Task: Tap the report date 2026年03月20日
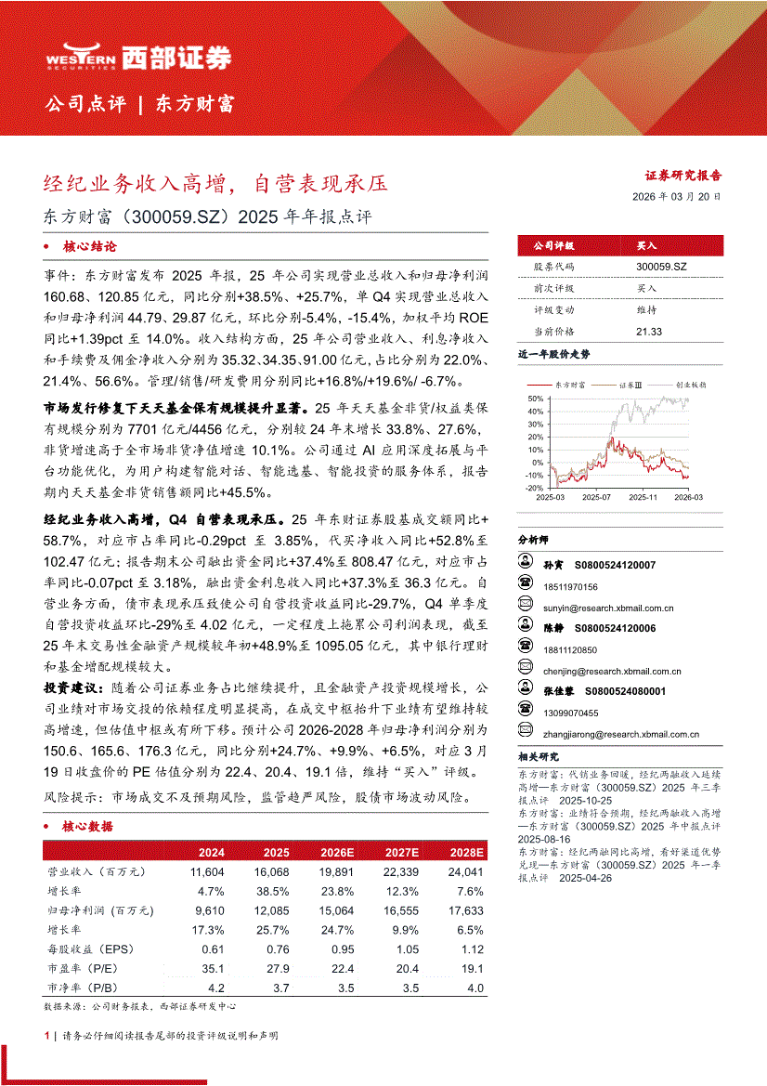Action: click(x=676, y=197)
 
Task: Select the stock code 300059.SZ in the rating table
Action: click(x=662, y=266)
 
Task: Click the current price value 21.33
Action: click(x=649, y=332)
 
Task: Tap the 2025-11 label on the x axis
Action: click(x=643, y=498)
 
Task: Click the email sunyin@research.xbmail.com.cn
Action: click(x=608, y=608)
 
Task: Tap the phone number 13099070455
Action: click(x=572, y=713)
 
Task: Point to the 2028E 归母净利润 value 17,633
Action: click(x=466, y=911)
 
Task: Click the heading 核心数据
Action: click(x=87, y=826)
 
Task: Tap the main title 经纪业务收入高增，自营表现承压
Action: click(x=216, y=183)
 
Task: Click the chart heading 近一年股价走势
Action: click(x=553, y=355)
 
